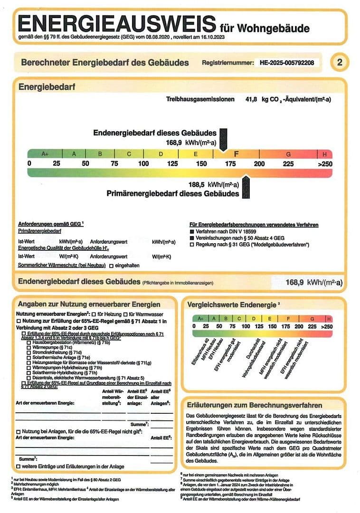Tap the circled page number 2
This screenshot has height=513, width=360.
[x=339, y=63]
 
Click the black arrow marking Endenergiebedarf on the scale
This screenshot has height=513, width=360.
[x=225, y=141]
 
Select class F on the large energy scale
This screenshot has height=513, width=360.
[x=236, y=154]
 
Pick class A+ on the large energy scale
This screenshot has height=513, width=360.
[x=46, y=154]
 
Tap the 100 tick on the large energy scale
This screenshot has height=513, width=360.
[x=143, y=164]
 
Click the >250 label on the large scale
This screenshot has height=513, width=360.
[x=324, y=164]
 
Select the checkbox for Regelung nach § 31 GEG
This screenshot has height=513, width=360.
[x=191, y=244]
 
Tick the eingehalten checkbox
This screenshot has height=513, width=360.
[x=111, y=265]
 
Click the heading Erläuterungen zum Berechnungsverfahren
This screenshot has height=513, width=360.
[x=255, y=405]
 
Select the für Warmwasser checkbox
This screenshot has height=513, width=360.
[x=125, y=314]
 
